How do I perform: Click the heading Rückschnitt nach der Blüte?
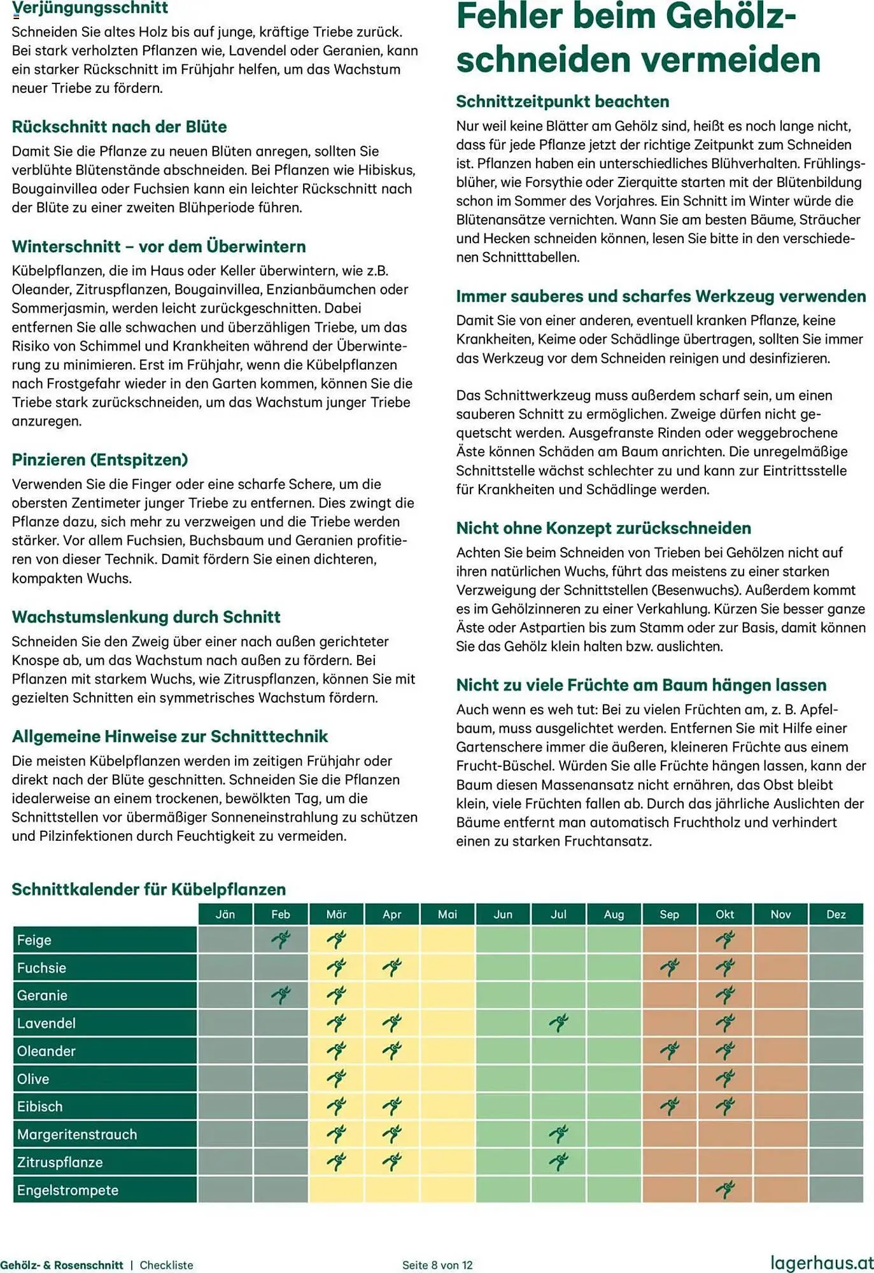coord(119,127)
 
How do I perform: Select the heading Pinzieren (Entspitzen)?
coord(100,460)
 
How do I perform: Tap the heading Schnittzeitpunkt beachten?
coord(562,102)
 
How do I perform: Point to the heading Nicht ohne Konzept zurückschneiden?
coord(603,528)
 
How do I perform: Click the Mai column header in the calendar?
coord(447,914)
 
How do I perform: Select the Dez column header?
coord(835,914)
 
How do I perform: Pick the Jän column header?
coord(225,914)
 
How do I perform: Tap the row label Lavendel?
coord(46,1023)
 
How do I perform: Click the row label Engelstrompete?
coord(67,1190)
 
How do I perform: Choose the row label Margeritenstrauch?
coord(77,1134)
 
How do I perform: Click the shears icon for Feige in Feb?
coord(281,939)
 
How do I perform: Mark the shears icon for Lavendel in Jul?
coord(558,1023)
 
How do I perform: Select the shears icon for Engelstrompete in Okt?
coord(724,1189)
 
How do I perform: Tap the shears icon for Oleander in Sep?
coord(669,1051)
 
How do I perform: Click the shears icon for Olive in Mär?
coord(336,1078)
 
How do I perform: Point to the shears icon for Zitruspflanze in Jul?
coord(558,1162)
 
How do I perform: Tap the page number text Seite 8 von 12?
coord(437,1265)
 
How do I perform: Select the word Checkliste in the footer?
coord(166,1265)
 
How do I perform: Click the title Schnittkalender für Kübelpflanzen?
coord(148,890)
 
